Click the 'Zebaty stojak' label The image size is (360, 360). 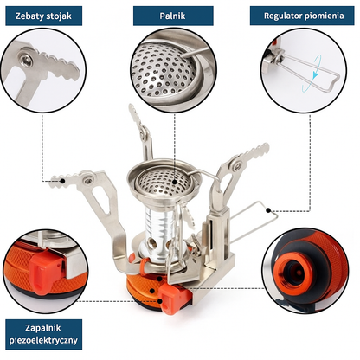[x=44, y=16]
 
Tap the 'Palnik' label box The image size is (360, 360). [x=173, y=16]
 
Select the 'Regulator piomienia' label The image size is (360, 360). [x=302, y=16]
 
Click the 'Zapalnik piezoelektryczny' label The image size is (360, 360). [x=44, y=334]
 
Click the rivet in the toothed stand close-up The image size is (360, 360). [x=26, y=60]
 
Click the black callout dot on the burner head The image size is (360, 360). [x=175, y=182]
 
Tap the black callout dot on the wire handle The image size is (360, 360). [x=268, y=210]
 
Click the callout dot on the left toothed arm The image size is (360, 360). [x=62, y=181]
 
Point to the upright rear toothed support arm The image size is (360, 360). [x=141, y=132]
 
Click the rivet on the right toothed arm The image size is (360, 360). [x=237, y=166]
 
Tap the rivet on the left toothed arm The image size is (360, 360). [x=88, y=181]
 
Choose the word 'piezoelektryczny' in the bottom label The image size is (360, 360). [x=43, y=340]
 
